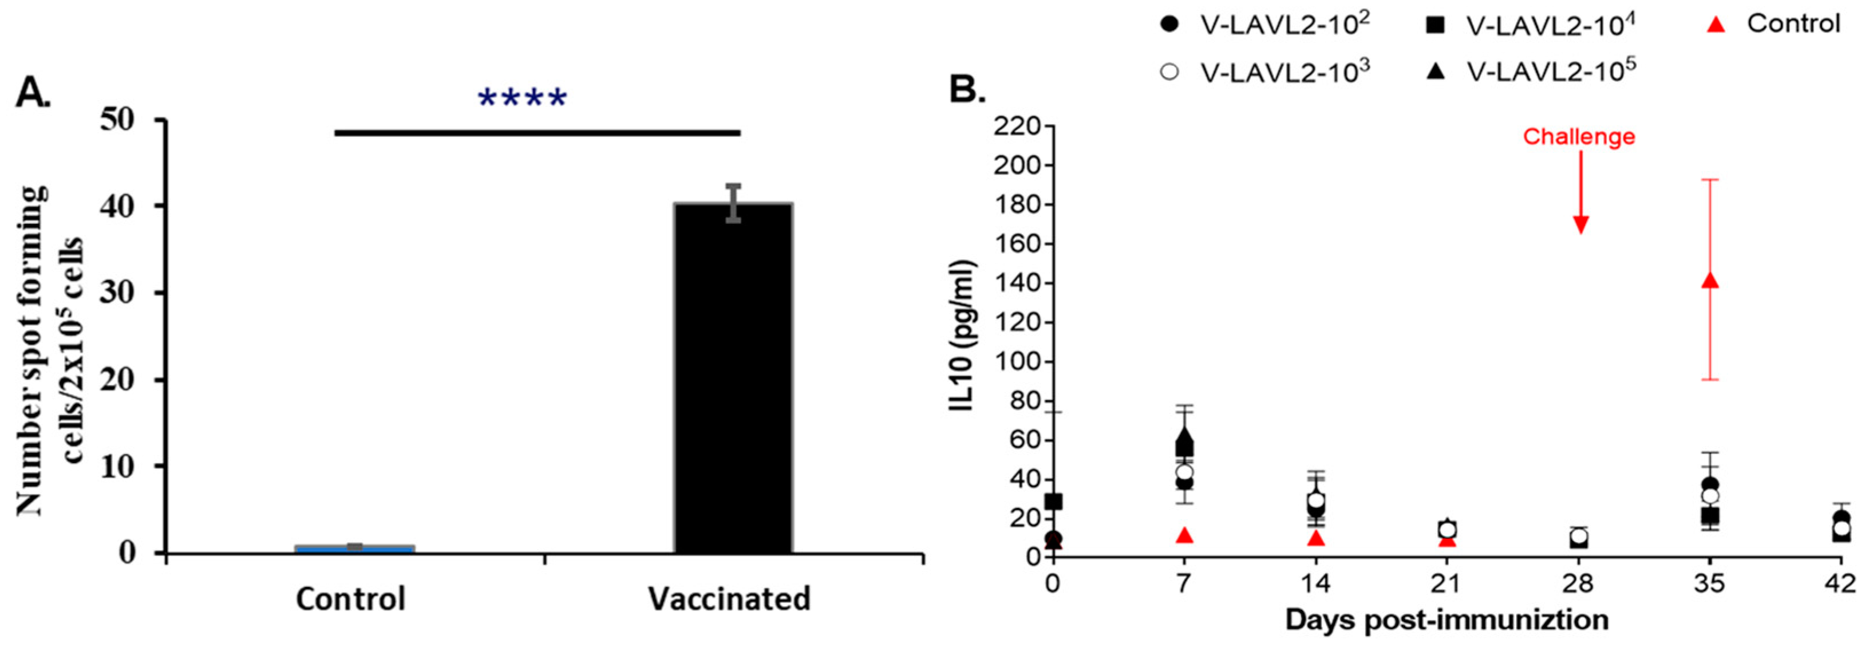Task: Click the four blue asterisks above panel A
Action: pyautogui.click(x=522, y=98)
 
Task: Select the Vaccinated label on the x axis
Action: pyautogui.click(x=729, y=599)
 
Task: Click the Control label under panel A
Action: pyautogui.click(x=350, y=599)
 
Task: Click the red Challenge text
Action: pyautogui.click(x=1579, y=137)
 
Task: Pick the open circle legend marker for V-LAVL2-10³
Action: pyautogui.click(x=1169, y=72)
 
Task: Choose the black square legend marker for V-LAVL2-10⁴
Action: pyautogui.click(x=1435, y=25)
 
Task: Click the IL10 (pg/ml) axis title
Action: pyautogui.click(x=963, y=336)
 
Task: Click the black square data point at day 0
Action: pyautogui.click(x=1053, y=502)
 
